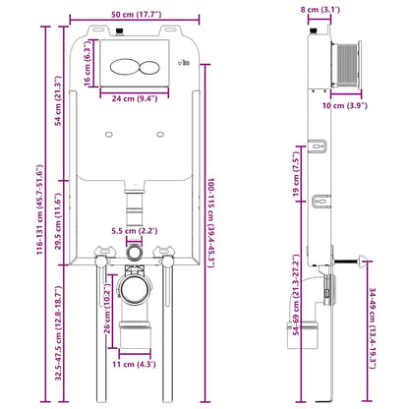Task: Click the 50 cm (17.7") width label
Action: (x=136, y=15)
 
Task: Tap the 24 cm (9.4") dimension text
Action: (x=135, y=98)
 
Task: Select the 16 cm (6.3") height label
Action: (x=87, y=63)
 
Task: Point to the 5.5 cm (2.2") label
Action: (x=135, y=231)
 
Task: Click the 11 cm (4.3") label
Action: (x=134, y=364)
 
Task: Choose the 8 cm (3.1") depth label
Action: (x=321, y=10)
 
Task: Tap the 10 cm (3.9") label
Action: (x=345, y=105)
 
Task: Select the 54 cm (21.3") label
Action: (x=58, y=100)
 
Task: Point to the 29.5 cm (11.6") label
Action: (x=58, y=221)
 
